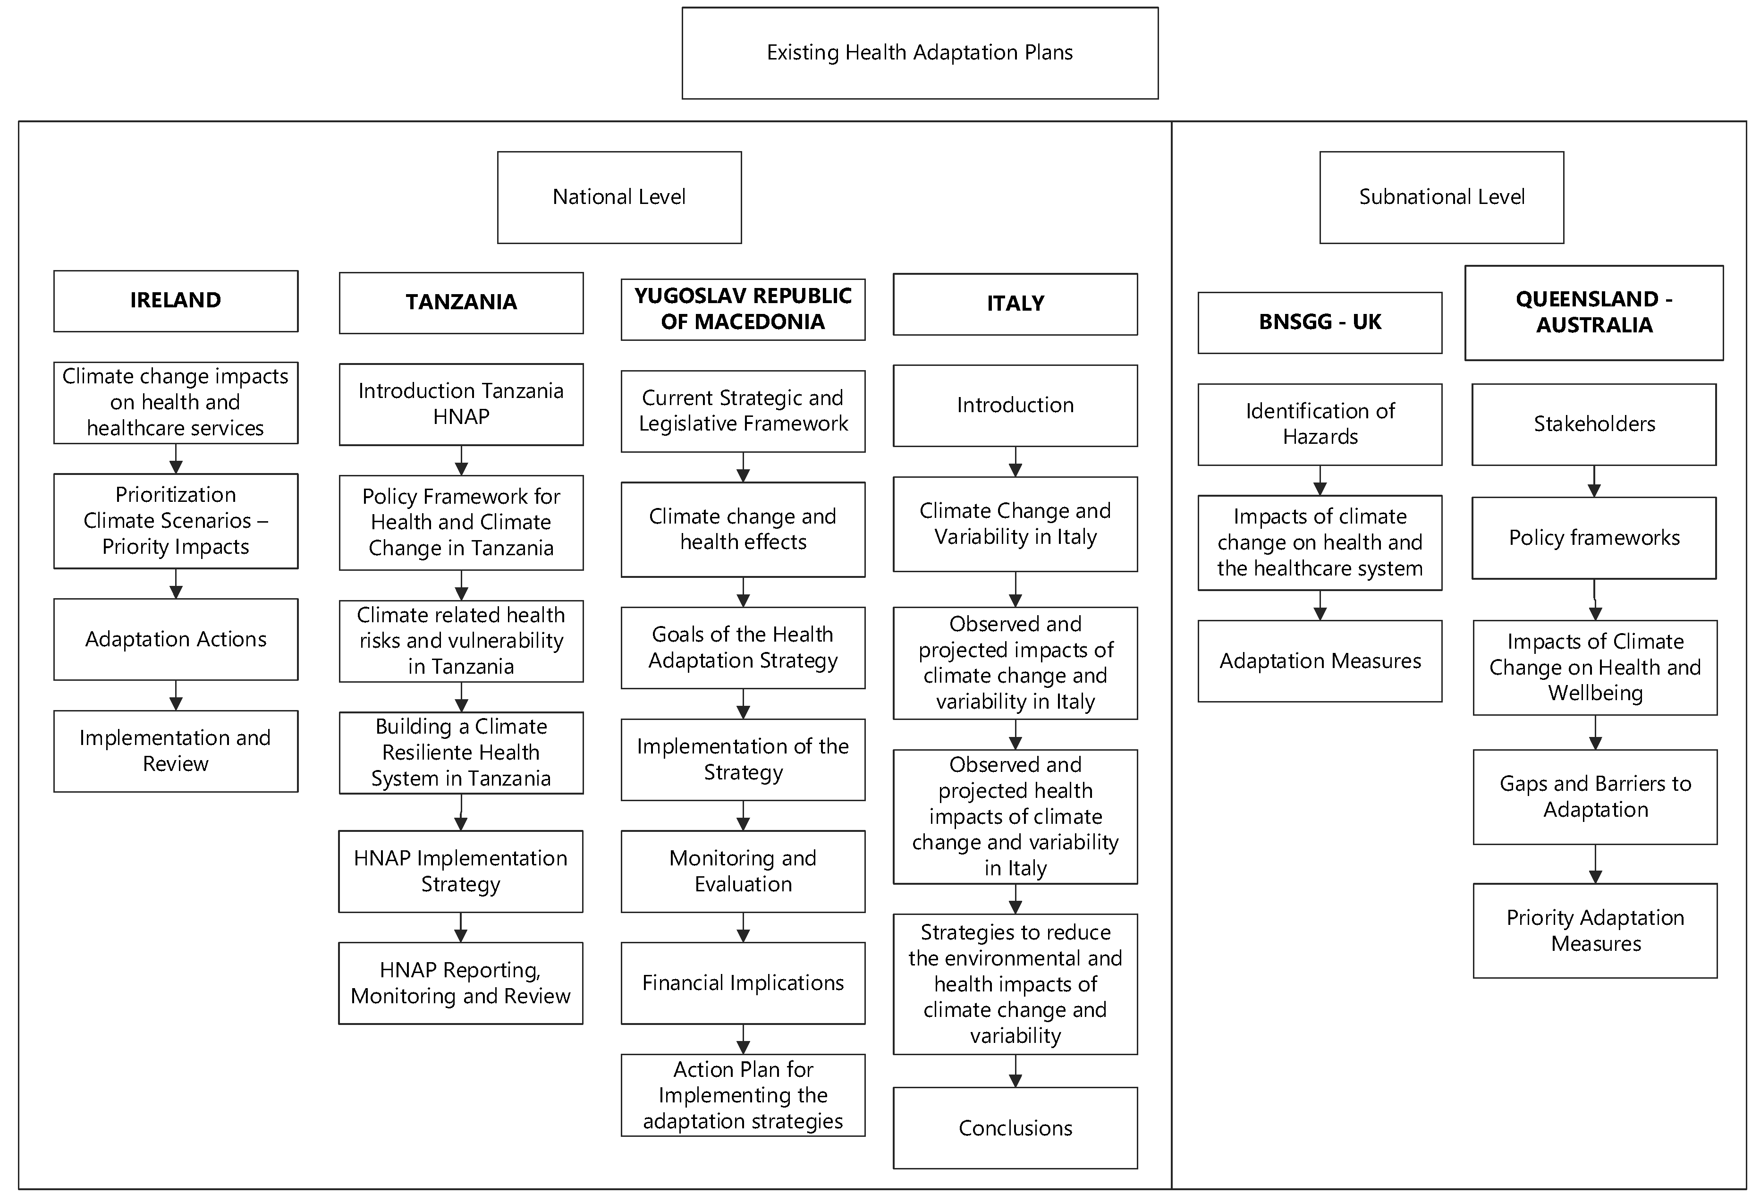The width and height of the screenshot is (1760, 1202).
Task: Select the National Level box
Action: [x=619, y=197]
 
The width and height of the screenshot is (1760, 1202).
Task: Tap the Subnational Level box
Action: [x=1441, y=197]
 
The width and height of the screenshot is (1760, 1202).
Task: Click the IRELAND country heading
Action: [x=176, y=301]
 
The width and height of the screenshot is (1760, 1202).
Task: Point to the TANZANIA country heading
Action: [x=461, y=302]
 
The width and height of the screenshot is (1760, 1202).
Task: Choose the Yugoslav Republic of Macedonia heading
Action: [x=743, y=309]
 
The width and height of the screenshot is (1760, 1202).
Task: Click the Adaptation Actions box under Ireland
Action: [x=176, y=639]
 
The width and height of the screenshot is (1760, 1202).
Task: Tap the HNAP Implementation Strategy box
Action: [x=460, y=871]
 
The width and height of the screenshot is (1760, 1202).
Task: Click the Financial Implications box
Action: [x=743, y=983]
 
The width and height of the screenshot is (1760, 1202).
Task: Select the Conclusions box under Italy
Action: [x=1015, y=1128]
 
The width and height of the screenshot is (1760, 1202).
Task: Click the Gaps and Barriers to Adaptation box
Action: [x=1595, y=797]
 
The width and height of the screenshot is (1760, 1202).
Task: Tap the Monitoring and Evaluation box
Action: [x=743, y=871]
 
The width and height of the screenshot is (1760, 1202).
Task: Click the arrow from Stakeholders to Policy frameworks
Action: [x=1594, y=482]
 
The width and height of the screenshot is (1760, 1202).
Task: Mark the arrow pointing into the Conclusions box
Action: [x=1015, y=1071]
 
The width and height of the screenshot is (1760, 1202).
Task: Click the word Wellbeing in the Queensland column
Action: [x=1595, y=693]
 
